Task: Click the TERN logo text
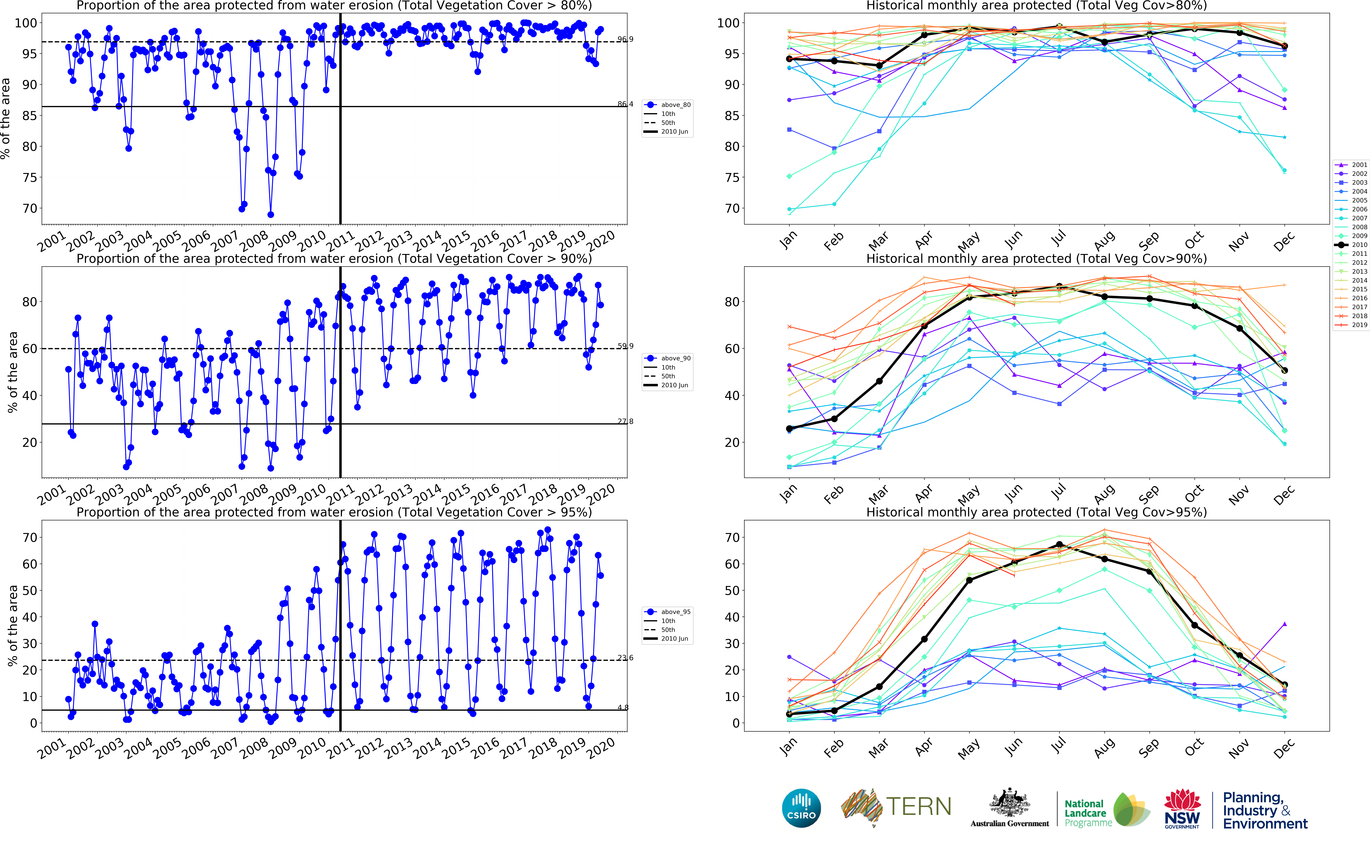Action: (x=918, y=807)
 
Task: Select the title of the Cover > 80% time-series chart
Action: (x=334, y=6)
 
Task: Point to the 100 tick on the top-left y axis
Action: (x=26, y=23)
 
